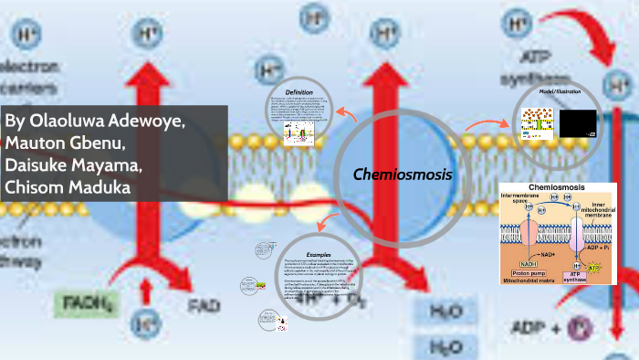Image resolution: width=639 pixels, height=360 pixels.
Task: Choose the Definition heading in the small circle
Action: (x=299, y=92)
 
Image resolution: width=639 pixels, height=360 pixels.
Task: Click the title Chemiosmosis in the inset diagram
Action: (x=556, y=188)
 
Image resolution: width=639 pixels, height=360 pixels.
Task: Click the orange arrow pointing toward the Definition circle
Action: (x=344, y=114)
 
